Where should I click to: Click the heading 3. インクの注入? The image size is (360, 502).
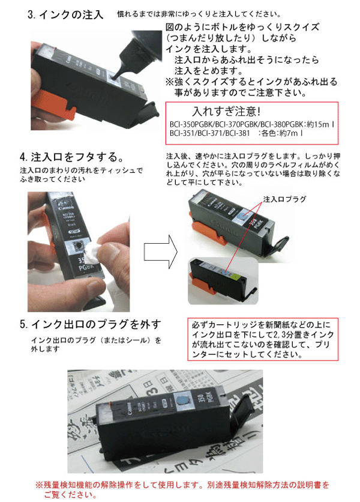[x=65, y=14]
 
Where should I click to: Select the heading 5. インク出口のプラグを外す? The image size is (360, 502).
[x=91, y=325]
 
